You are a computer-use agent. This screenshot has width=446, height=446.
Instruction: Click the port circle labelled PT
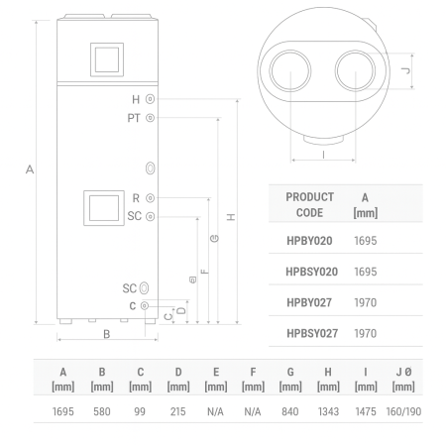pos(150,118)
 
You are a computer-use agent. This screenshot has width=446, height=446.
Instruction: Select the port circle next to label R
pos(150,198)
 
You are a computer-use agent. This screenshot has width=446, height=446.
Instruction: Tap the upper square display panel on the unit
pos(104,58)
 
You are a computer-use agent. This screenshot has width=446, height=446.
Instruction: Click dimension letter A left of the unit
pos(30,170)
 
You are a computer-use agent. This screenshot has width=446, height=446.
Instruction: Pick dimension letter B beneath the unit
pos(106,334)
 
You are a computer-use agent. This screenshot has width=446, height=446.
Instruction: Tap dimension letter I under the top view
pos(324,154)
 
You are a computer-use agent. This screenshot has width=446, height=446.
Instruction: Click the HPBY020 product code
pos(309,241)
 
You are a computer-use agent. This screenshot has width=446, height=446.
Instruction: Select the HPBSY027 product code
pos(312,333)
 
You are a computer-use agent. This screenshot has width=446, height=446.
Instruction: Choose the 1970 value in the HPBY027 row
pos(367,302)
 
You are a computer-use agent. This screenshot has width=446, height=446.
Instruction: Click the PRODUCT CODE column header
pos(309,204)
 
